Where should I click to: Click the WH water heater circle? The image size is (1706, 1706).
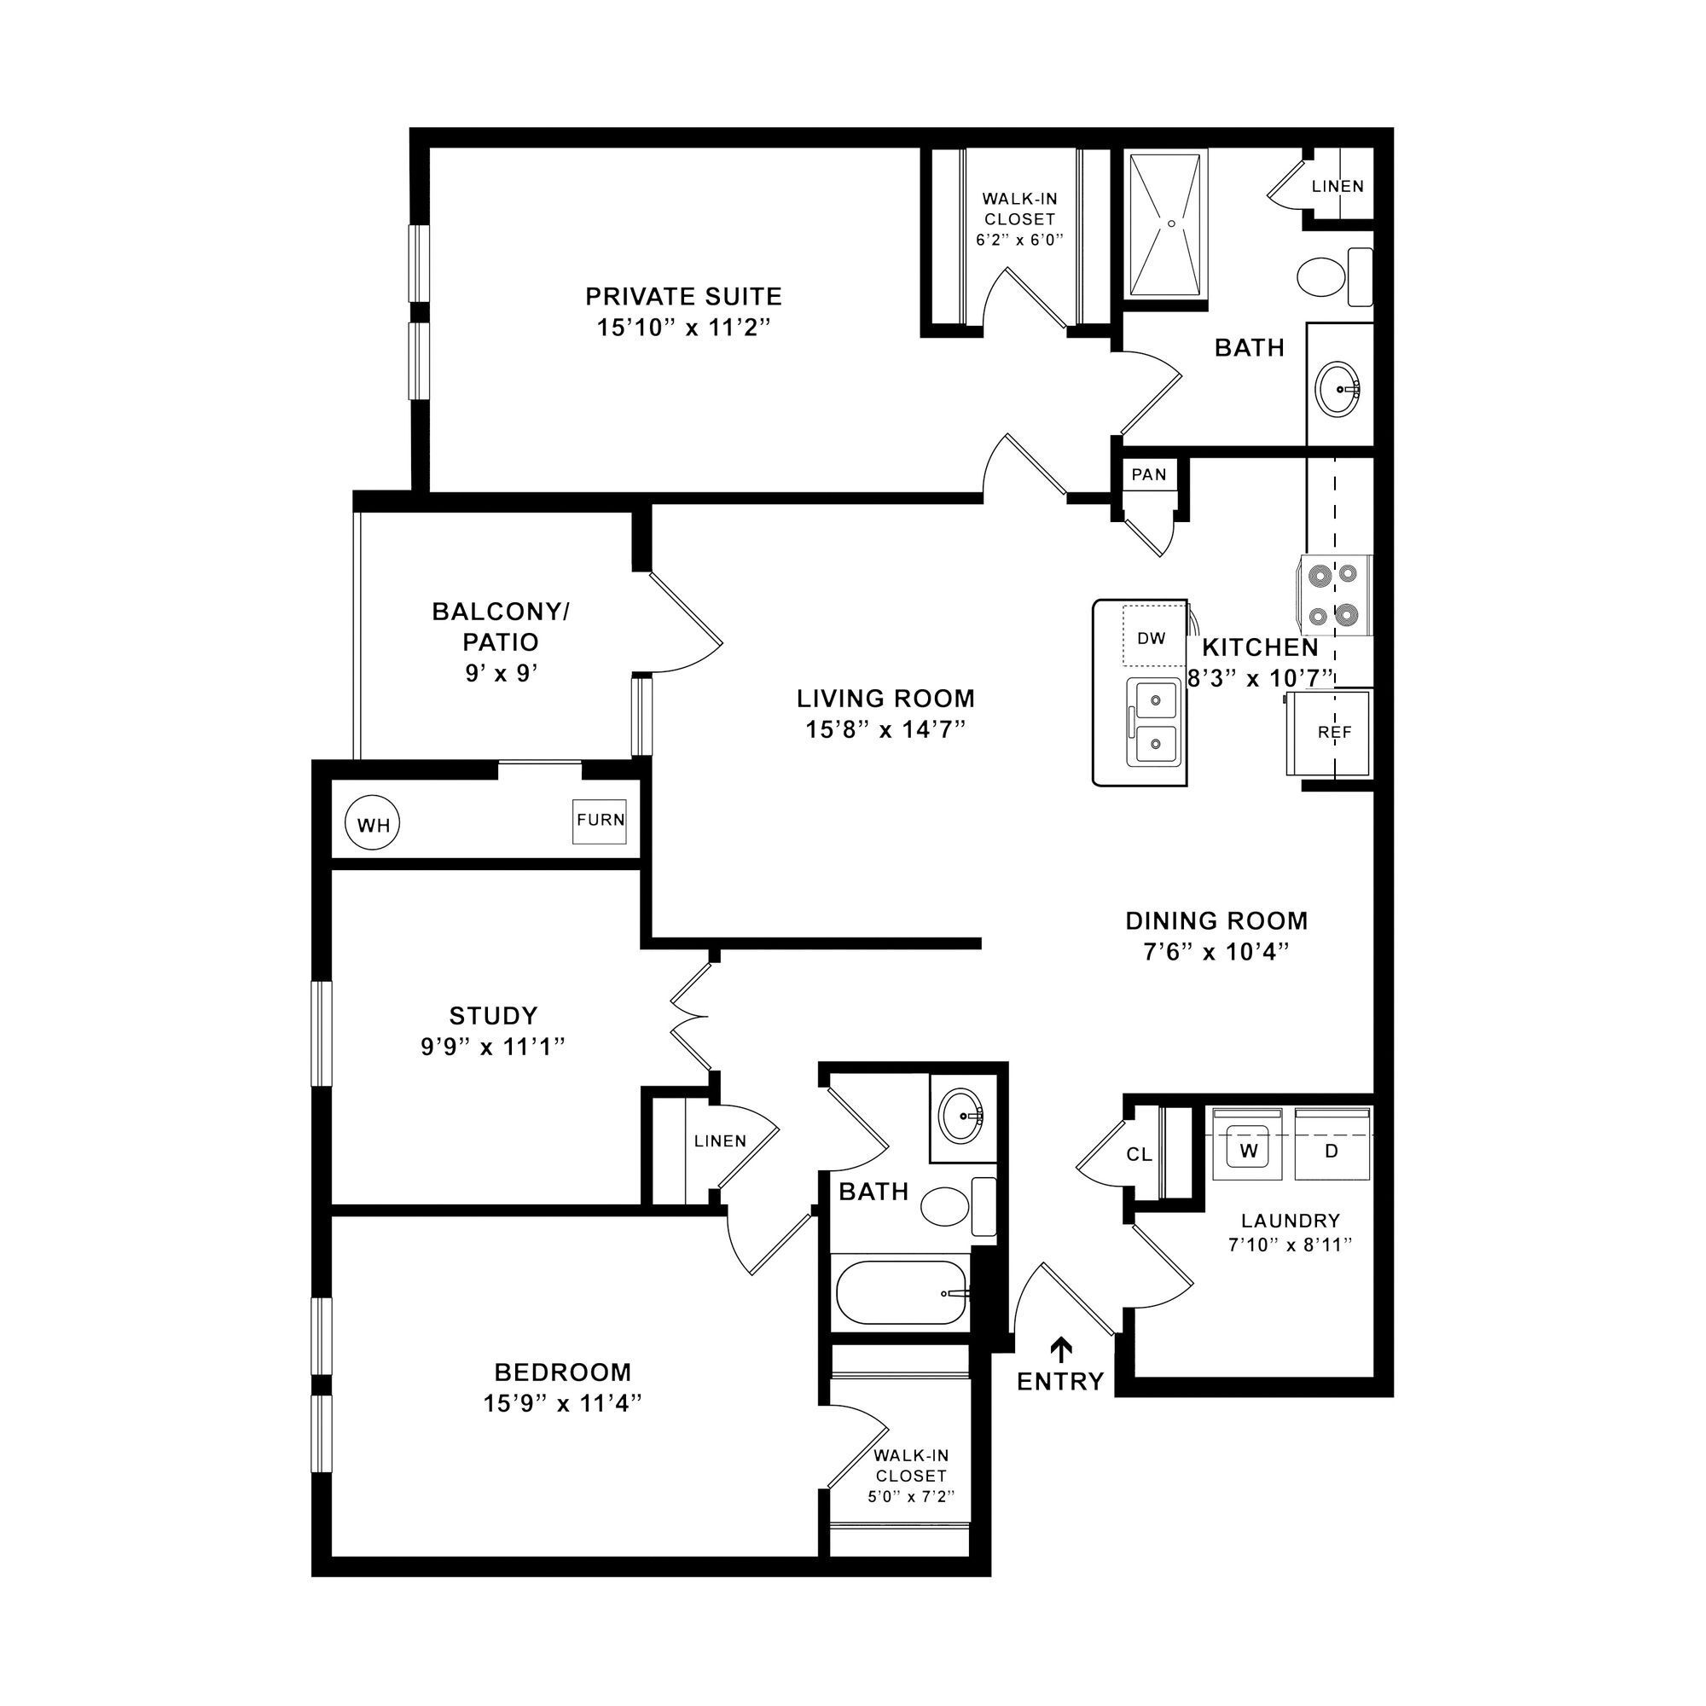tap(372, 826)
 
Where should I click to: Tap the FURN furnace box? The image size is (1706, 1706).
tap(601, 821)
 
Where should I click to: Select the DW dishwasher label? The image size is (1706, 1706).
tap(1152, 638)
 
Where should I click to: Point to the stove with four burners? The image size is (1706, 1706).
tap(1332, 595)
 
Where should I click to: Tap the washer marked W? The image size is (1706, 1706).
tap(1247, 1150)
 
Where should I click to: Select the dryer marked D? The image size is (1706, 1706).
tap(1332, 1150)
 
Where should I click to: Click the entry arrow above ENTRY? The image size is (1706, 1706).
tap(1060, 1349)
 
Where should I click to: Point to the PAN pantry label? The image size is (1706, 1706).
tap(1149, 475)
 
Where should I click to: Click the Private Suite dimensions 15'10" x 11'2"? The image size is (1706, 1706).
tap(683, 328)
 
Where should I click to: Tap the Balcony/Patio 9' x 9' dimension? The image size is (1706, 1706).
tap(501, 674)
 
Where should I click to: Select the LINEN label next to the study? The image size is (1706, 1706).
tap(720, 1140)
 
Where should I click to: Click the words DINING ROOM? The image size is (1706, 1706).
tap(1216, 921)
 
